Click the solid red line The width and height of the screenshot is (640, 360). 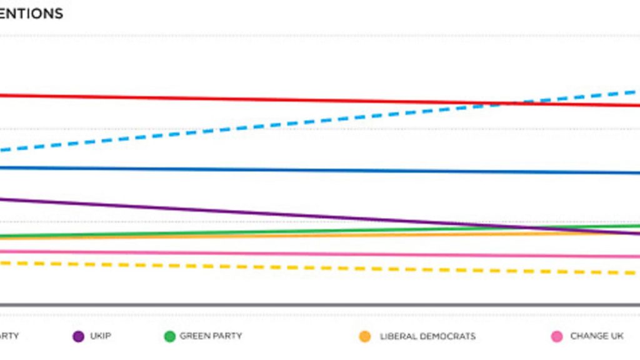pos(187,98)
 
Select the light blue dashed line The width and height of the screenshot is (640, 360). pos(250,126)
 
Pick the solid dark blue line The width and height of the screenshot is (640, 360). pos(250,169)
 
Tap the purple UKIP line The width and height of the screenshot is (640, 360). pos(187,209)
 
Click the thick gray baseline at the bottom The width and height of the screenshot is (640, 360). pos(312,305)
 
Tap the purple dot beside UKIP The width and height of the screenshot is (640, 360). pos(78,336)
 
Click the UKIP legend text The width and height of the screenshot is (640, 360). pos(101,336)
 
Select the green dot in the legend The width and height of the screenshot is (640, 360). pos(169,336)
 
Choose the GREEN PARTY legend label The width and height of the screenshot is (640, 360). pos(211,336)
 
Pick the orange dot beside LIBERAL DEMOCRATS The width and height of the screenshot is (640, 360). pos(365,337)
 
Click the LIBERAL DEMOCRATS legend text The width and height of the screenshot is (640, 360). pos(427,337)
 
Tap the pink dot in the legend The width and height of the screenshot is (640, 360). pos(557,336)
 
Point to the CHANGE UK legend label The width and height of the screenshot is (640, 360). pos(597,336)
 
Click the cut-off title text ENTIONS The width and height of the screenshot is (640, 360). pos(31,14)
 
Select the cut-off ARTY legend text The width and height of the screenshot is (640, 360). pos(9,336)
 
